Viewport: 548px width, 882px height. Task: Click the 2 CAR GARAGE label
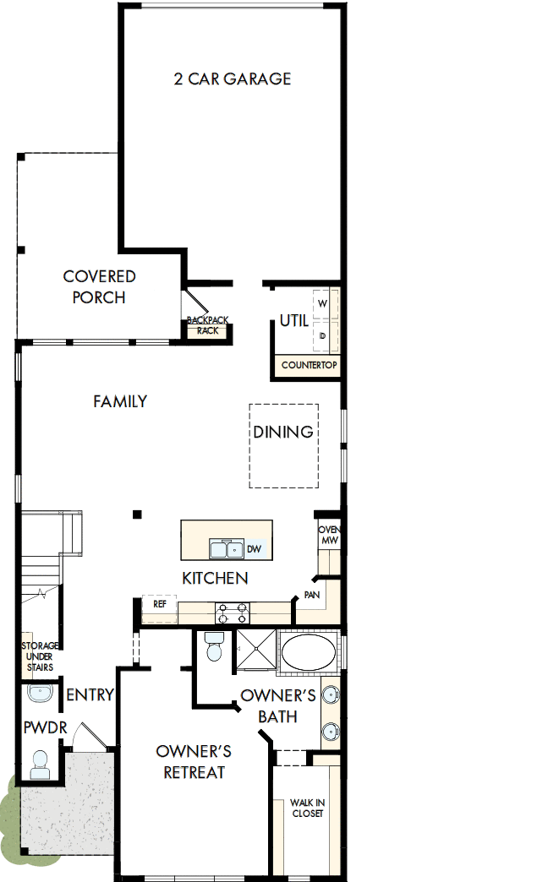(232, 79)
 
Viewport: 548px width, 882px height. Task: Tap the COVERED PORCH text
(99, 287)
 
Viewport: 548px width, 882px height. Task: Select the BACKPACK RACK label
(207, 326)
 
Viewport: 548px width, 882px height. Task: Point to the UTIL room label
(293, 321)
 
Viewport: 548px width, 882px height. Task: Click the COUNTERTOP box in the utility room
(309, 366)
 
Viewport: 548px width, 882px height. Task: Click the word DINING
(283, 433)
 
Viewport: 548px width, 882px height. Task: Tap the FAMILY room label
(120, 402)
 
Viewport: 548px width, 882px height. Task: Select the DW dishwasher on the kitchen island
(255, 549)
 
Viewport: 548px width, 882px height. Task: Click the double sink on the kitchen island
(226, 549)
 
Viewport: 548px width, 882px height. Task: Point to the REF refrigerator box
(159, 604)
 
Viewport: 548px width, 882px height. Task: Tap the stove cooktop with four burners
(233, 610)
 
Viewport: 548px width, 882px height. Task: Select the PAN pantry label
(311, 596)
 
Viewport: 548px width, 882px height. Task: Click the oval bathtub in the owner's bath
(308, 652)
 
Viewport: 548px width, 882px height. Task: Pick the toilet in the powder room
(40, 765)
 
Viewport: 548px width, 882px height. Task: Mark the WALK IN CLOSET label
(307, 808)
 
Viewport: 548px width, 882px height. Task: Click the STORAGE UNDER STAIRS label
(40, 656)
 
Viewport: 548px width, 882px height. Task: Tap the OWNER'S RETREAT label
(194, 762)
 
